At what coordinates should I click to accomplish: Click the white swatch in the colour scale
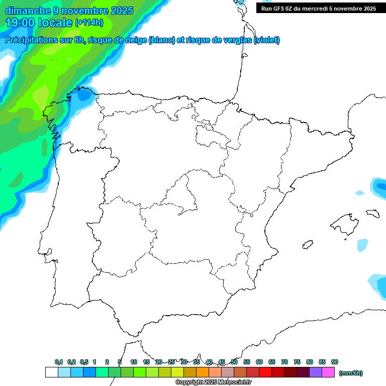click(x=51, y=372)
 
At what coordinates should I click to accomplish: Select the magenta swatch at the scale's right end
click(x=328, y=372)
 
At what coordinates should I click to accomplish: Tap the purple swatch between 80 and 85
click(x=316, y=372)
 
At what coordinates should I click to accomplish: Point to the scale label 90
click(x=335, y=362)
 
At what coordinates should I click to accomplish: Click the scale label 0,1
click(x=59, y=362)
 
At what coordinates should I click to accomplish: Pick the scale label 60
click(x=259, y=362)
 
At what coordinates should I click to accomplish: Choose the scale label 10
click(x=134, y=362)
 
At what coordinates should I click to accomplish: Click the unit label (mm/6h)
click(x=351, y=373)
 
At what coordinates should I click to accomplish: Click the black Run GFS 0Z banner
click(x=319, y=8)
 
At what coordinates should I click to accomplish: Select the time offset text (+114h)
click(x=89, y=22)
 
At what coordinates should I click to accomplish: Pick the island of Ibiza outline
click(x=307, y=245)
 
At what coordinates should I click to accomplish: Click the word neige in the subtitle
click(x=135, y=40)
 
